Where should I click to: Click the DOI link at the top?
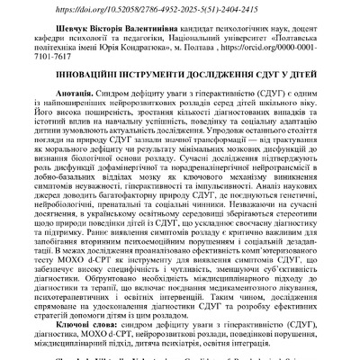[180, 7]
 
